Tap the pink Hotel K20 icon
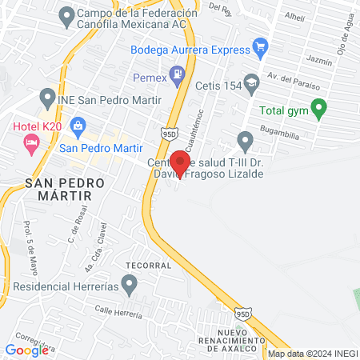pyautogui.click(x=32, y=144)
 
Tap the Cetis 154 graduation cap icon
pyautogui.click(x=252, y=82)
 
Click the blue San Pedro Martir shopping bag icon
pyautogui.click(x=78, y=125)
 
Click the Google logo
pyautogui.click(x=26, y=350)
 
